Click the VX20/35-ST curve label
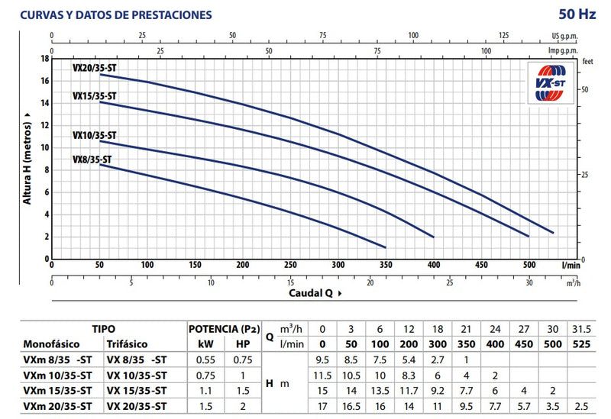click(95, 66)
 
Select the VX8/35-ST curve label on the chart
click(92, 160)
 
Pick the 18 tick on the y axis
click(45, 58)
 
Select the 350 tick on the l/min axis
click(386, 265)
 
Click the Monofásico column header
click(52, 344)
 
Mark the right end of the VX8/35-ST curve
click(386, 247)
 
